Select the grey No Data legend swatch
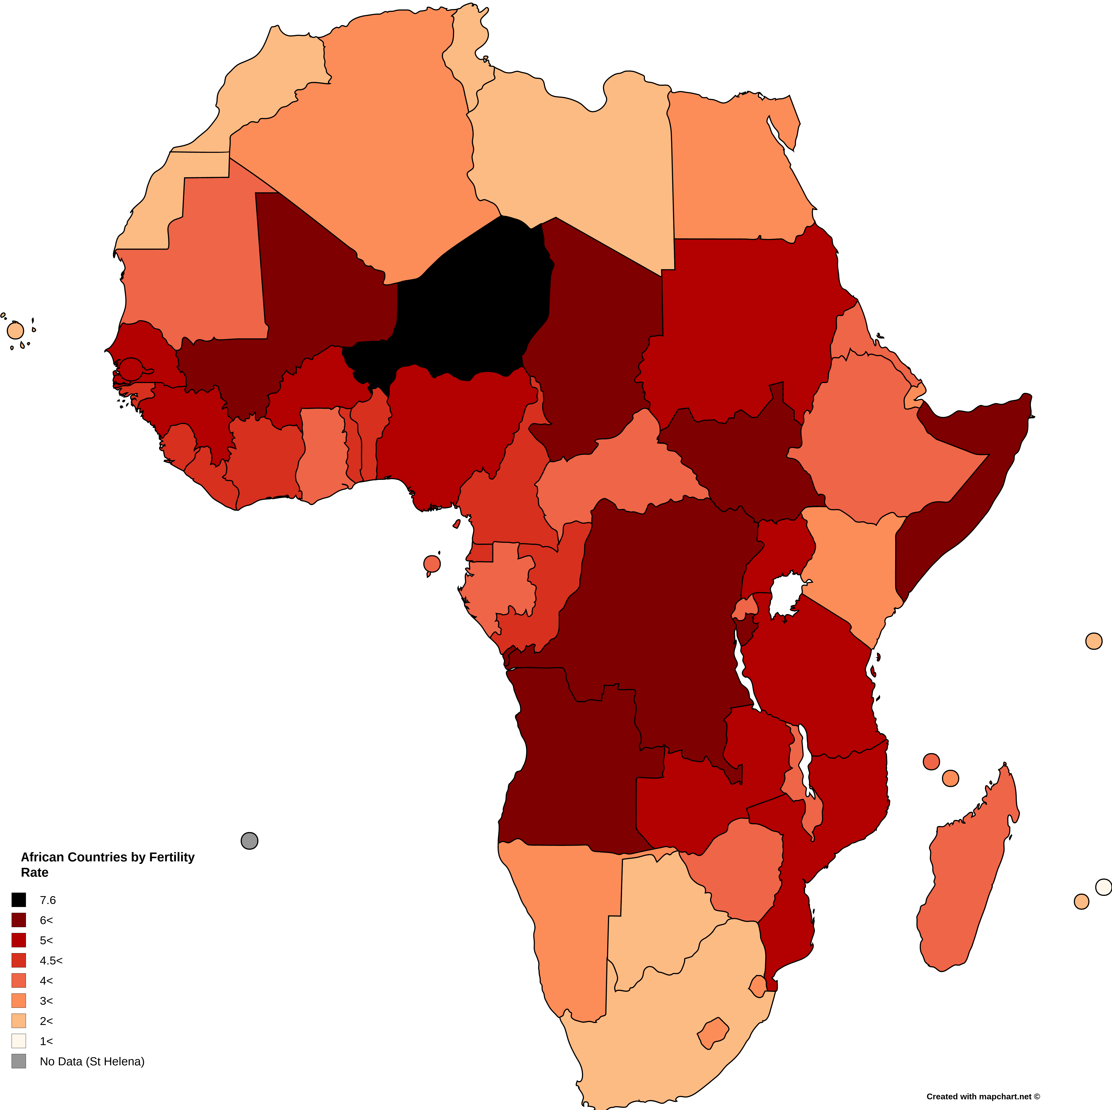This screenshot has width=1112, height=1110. [x=19, y=1061]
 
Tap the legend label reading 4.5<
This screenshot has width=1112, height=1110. [x=51, y=960]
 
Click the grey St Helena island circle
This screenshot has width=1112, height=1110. [x=249, y=840]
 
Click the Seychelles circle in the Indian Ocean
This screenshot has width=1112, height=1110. [x=1093, y=641]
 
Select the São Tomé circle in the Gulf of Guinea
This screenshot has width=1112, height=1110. [x=432, y=564]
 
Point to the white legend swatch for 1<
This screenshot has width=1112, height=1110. [x=19, y=1041]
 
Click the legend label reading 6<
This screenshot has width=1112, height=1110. [x=46, y=920]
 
